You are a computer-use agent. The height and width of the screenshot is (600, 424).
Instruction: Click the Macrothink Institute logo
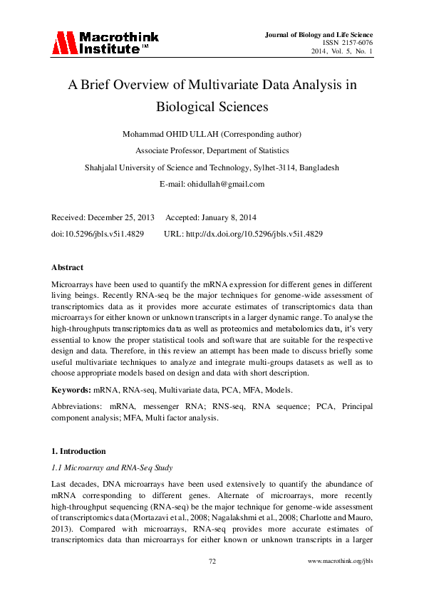pos(105,43)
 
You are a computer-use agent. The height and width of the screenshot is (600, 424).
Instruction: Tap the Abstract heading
pos(68,267)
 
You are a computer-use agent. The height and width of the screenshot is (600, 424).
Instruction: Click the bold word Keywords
pos(71,390)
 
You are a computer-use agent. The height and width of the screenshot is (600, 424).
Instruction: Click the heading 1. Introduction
pos(78,451)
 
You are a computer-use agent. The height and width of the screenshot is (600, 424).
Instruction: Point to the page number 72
pos(212,562)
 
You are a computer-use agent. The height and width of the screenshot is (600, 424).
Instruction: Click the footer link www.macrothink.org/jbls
pos(340,562)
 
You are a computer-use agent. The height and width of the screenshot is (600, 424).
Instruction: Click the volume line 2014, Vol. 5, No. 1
pos(341,52)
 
